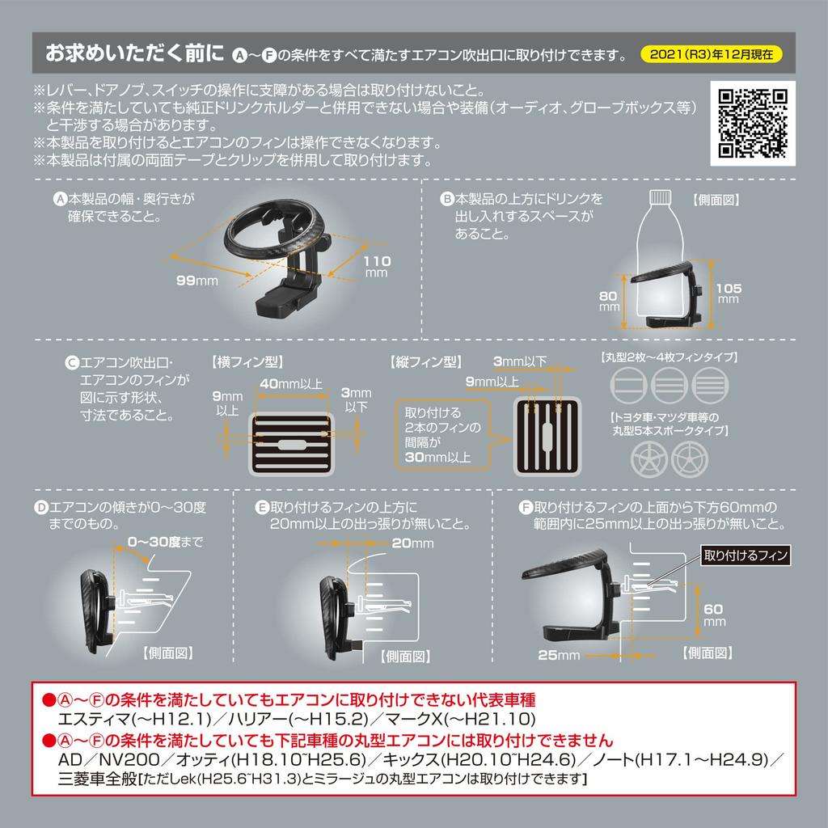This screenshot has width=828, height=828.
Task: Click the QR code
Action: (x=753, y=123)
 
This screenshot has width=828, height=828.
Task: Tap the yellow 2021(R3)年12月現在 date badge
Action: (x=710, y=55)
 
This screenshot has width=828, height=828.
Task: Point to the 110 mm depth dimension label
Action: (x=377, y=267)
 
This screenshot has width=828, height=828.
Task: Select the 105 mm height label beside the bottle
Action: (x=728, y=293)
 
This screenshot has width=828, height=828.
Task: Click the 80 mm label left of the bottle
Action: (x=609, y=302)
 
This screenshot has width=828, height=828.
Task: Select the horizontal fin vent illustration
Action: (x=290, y=445)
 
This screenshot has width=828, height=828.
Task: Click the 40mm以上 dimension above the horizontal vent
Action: (x=291, y=382)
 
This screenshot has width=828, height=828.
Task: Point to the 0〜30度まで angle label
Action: (x=165, y=540)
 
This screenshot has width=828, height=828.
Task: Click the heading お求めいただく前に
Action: (x=133, y=54)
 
